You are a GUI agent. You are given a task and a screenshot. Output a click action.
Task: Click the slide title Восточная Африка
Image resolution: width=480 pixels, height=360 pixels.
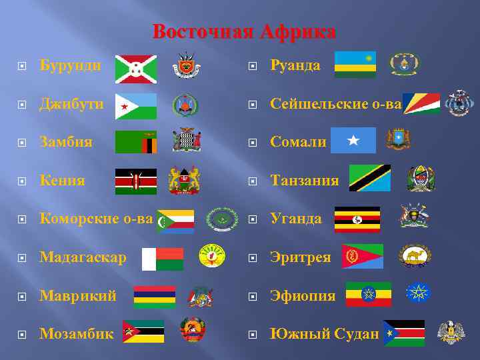pyautogui.click(x=244, y=32)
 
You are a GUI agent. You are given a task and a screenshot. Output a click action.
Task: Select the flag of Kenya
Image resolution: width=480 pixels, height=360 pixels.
pyautogui.click(x=135, y=181)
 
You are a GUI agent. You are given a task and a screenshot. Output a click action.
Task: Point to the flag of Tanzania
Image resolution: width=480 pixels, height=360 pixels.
pyautogui.click(x=370, y=178)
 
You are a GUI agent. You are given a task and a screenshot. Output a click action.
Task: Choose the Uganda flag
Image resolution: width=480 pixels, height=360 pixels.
pyautogui.click(x=357, y=219)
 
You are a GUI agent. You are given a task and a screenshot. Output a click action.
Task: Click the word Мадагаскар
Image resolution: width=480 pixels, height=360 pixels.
pyautogui.click(x=83, y=257)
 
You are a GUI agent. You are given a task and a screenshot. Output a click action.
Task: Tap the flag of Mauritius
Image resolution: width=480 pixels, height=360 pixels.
pyautogui.click(x=155, y=297)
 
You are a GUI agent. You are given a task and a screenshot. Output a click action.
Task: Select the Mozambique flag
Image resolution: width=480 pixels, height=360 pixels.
pyautogui.click(x=143, y=331)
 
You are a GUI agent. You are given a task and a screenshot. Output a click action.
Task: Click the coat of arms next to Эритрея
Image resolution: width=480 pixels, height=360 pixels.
pyautogui.click(x=415, y=255)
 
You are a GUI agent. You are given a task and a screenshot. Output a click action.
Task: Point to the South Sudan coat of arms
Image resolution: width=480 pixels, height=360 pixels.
pyautogui.click(x=451, y=332)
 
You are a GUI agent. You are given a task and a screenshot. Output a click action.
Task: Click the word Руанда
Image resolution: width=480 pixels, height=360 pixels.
pyautogui.click(x=295, y=65)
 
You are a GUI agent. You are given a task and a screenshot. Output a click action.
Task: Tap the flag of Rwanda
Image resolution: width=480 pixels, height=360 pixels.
pyautogui.click(x=355, y=64)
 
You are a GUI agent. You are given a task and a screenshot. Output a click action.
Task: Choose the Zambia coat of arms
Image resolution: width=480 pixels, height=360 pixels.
pyautogui.click(x=187, y=141)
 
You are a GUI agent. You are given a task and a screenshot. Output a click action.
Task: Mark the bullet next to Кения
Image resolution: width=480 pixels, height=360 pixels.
pyautogui.click(x=22, y=181)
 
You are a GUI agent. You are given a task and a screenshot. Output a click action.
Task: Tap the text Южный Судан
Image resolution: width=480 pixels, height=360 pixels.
pyautogui.click(x=325, y=333)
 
